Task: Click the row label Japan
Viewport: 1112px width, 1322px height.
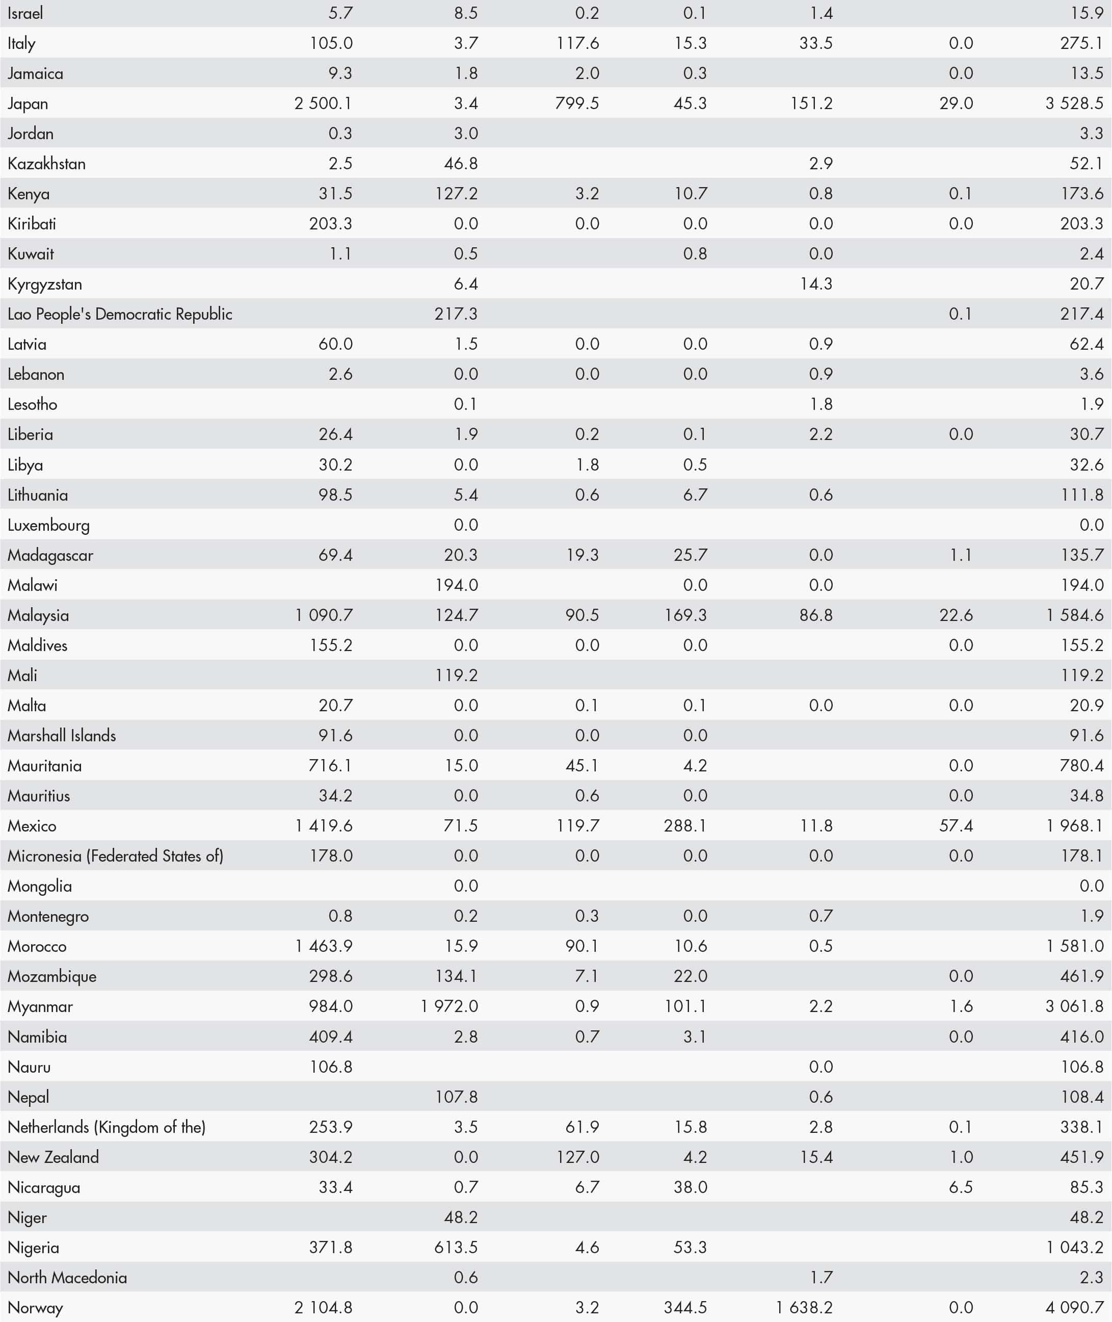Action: click(x=28, y=103)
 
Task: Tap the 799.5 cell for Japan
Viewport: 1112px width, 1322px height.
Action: click(x=577, y=103)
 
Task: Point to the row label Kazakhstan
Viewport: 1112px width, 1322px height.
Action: click(x=47, y=164)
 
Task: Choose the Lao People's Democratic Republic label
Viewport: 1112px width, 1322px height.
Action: click(x=120, y=314)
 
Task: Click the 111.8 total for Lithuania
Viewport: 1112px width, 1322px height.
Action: click(x=1082, y=495)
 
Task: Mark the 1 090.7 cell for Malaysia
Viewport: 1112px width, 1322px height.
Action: click(x=324, y=615)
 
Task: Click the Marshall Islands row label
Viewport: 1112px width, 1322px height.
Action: click(x=62, y=735)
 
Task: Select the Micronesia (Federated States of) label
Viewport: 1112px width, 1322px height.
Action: click(x=115, y=856)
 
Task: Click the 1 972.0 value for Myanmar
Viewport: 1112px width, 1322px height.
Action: click(x=449, y=1006)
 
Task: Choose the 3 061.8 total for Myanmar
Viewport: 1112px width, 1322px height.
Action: click(x=1074, y=1006)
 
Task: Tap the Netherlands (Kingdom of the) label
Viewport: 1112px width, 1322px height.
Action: click(x=107, y=1127)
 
